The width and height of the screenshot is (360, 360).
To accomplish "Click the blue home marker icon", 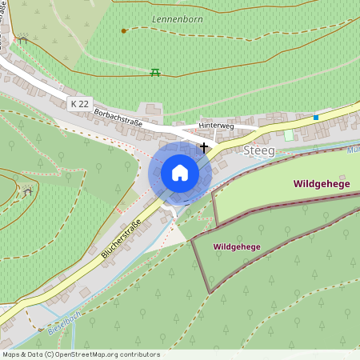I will click(x=180, y=173).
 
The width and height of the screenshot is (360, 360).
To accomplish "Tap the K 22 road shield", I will click(x=79, y=104).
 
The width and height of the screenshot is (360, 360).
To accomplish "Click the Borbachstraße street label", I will click(x=118, y=116).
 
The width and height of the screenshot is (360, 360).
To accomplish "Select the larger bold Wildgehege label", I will click(x=321, y=184).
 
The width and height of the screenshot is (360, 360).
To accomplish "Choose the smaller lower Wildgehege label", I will click(x=237, y=247).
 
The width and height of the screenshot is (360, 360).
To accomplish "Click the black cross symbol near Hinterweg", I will click(x=205, y=147).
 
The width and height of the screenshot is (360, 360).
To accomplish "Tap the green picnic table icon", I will click(x=155, y=72).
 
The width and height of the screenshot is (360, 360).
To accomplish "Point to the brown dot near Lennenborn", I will click(x=123, y=30).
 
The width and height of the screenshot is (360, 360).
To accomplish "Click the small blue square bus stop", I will click(x=316, y=118).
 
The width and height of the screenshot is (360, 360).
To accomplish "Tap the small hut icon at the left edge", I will click(x=28, y=191).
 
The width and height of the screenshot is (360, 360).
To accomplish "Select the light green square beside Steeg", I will click(x=289, y=135).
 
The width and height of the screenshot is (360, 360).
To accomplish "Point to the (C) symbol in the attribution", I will click(x=50, y=354).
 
